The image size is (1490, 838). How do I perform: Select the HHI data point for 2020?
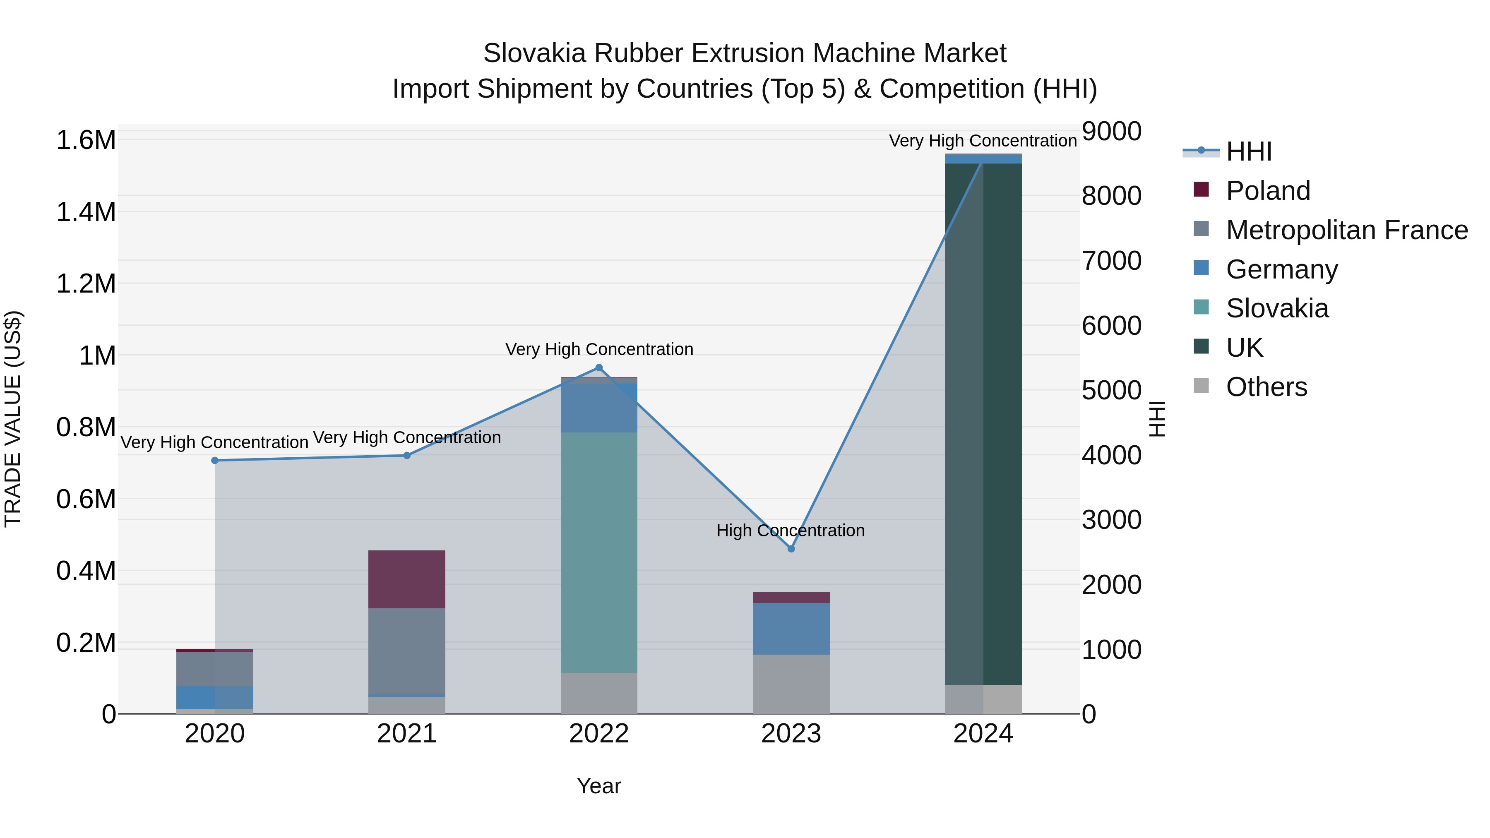click(214, 460)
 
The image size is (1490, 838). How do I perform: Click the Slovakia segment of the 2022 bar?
click(598, 552)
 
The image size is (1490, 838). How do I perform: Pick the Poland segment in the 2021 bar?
click(406, 579)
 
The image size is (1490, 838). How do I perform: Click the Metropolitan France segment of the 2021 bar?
click(406, 651)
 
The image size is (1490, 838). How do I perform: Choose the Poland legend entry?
click(1267, 191)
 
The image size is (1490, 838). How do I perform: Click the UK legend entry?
click(1244, 348)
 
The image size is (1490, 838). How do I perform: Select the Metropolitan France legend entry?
click(1346, 230)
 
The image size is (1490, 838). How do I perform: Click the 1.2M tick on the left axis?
click(86, 284)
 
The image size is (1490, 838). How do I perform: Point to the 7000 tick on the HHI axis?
click(1111, 261)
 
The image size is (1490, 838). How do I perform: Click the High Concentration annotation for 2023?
click(790, 531)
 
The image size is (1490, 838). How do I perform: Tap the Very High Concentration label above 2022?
click(598, 349)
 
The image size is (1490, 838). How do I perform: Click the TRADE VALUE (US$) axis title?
click(13, 419)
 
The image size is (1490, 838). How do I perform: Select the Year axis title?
click(598, 786)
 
